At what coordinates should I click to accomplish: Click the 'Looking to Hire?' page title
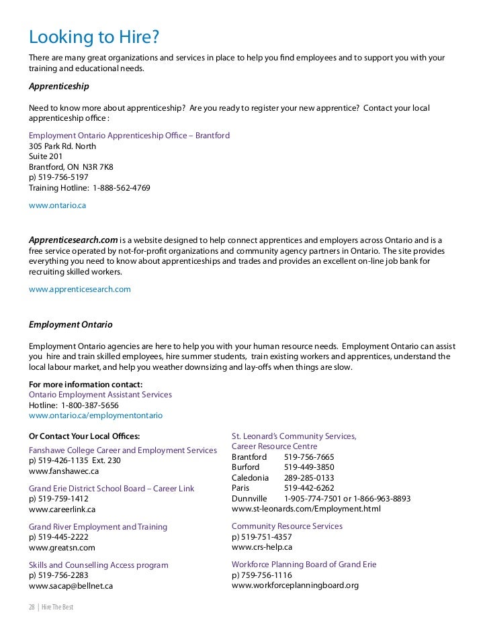(95, 36)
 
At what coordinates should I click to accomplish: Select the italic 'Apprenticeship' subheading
(59, 87)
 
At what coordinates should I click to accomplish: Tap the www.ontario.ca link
(58, 205)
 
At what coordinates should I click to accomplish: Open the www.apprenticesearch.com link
(80, 289)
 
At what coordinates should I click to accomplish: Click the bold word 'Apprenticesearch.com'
(74, 240)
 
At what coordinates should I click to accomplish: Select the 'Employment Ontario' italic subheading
(71, 324)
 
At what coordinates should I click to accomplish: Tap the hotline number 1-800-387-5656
(90, 405)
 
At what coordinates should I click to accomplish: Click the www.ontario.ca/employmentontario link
(95, 416)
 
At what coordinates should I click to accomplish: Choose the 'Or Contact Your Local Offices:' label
(85, 436)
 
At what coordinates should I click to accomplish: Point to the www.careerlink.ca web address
(62, 509)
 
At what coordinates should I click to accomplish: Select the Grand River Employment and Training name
(98, 526)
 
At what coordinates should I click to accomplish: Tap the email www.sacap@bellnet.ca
(71, 586)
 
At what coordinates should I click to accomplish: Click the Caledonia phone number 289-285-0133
(309, 477)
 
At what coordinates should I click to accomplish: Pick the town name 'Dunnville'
(249, 499)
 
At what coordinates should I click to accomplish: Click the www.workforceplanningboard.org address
(295, 585)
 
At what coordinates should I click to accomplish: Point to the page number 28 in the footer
(32, 607)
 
